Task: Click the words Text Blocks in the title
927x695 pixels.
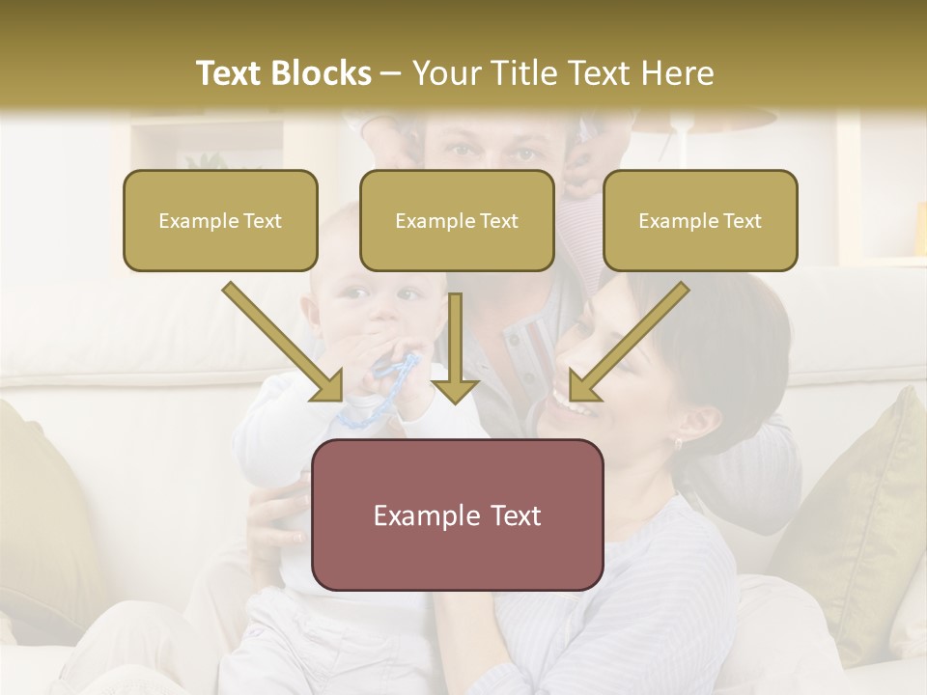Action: click(x=283, y=73)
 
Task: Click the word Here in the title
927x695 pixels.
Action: click(x=677, y=73)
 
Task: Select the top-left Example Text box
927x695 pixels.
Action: click(x=220, y=220)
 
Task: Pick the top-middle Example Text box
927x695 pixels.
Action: click(x=457, y=220)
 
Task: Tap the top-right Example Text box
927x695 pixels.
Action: click(x=700, y=220)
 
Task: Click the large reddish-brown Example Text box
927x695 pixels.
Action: click(x=457, y=514)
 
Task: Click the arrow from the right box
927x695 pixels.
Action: click(x=629, y=342)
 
